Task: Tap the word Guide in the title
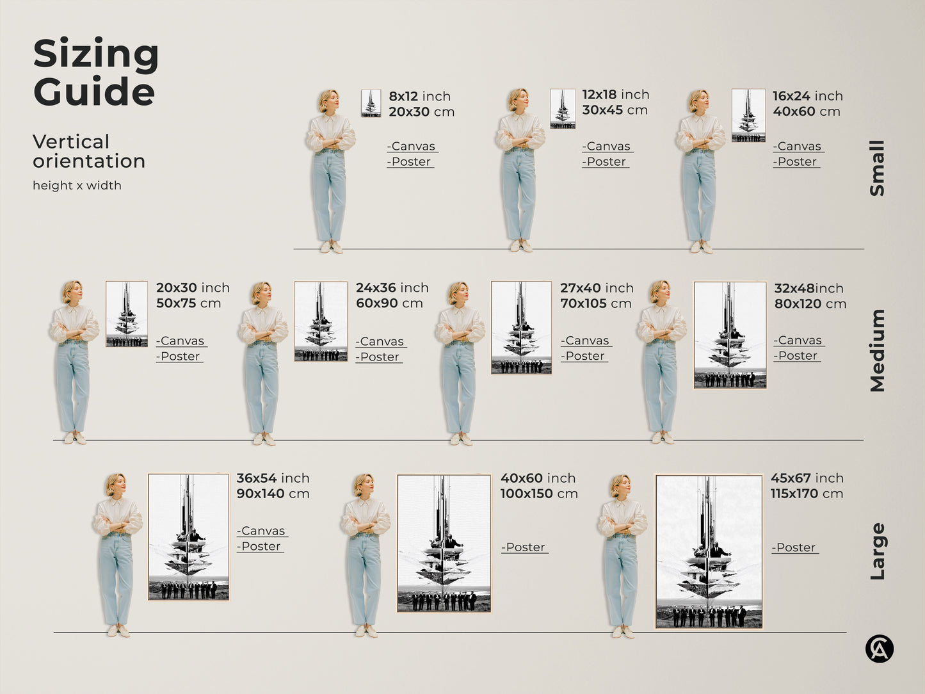[x=94, y=91]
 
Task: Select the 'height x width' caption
[x=77, y=186]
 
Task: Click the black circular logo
[x=880, y=649]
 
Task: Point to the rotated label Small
[x=877, y=168]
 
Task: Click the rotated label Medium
[x=878, y=350]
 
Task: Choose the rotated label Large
[x=878, y=551]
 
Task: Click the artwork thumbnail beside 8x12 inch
[x=371, y=103]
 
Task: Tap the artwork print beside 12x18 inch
[x=563, y=109]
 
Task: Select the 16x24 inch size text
[x=807, y=95]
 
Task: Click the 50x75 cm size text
[x=188, y=303]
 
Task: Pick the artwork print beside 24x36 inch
[x=321, y=321]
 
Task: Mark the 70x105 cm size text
[x=596, y=303]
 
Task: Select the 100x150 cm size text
[x=539, y=494]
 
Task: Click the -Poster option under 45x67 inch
[x=794, y=547]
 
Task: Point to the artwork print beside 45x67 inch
[x=709, y=551]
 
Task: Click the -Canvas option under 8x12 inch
[x=411, y=146]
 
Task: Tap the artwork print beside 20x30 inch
[x=126, y=314]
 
